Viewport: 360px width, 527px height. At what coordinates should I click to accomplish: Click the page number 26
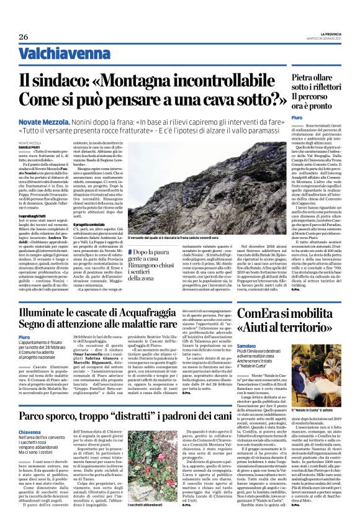(x=24, y=37)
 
